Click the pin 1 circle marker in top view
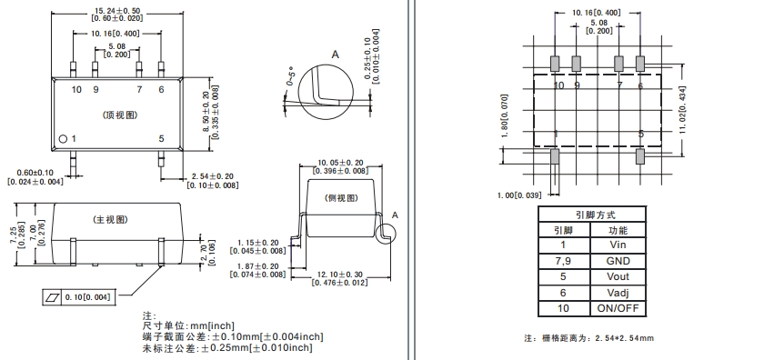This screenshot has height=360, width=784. [63, 139]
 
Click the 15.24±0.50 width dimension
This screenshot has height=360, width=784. [117, 10]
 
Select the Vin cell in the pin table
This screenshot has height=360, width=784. [618, 245]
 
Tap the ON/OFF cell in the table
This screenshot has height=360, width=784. [618, 308]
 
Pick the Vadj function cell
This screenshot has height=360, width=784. [618, 293]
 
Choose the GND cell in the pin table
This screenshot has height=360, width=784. [618, 261]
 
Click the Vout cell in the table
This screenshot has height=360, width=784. [618, 276]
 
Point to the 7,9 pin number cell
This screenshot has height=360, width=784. [564, 261]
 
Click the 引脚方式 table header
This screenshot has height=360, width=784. [592, 215]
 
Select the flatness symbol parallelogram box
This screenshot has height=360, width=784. [53, 297]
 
